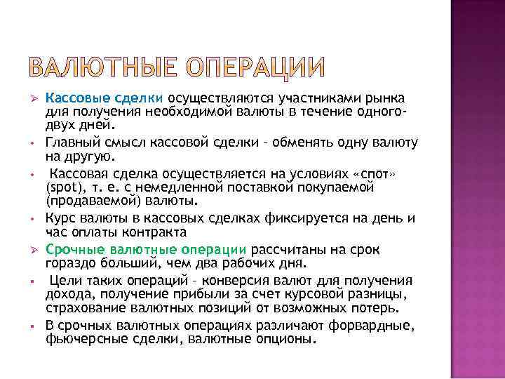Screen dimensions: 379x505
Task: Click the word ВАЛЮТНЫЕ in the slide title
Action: (x=104, y=67)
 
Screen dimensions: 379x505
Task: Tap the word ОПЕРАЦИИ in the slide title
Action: (x=256, y=67)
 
